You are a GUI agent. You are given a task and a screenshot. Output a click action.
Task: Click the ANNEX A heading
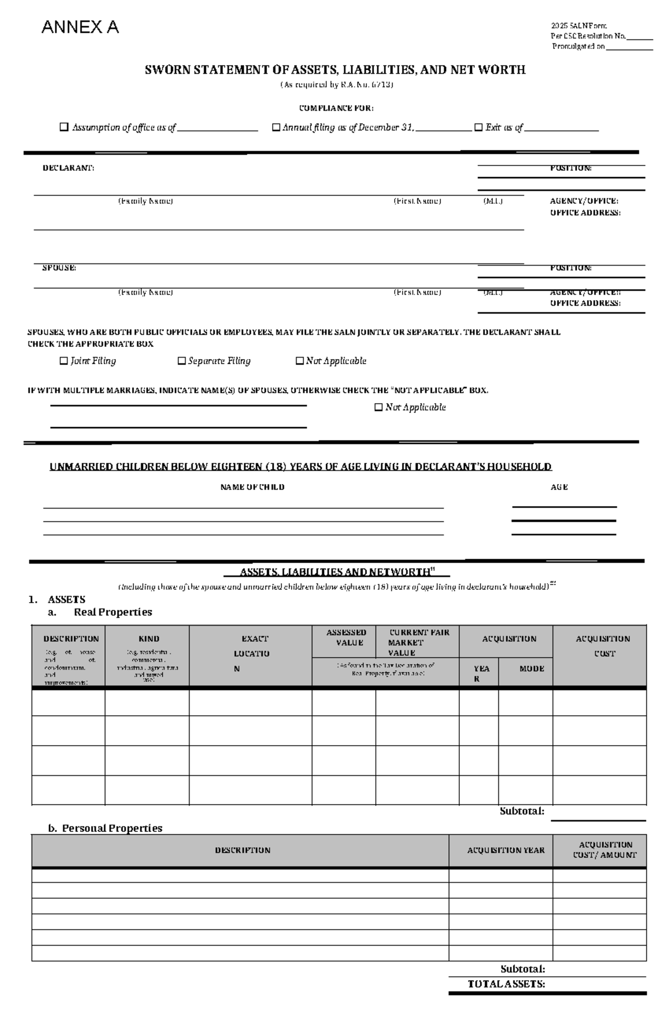(80, 27)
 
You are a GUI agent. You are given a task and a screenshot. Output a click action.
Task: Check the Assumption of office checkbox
(64, 128)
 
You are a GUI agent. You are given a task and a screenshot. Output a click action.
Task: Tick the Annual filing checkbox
(275, 128)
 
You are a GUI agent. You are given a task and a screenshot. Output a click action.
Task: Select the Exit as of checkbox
(478, 128)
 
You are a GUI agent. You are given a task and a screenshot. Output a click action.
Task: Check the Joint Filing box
(64, 361)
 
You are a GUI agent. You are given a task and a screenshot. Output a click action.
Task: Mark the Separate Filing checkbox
(181, 361)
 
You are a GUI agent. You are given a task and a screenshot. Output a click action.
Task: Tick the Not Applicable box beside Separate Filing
(299, 361)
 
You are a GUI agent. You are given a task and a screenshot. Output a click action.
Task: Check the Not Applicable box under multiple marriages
(379, 407)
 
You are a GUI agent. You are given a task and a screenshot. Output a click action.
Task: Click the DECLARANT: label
(69, 168)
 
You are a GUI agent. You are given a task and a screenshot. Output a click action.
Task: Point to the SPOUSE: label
(59, 268)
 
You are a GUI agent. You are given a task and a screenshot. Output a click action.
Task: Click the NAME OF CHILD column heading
(252, 487)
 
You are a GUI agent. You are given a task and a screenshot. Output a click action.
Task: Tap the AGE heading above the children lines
(559, 487)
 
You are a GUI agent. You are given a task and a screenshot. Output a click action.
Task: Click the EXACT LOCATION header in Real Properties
(251, 653)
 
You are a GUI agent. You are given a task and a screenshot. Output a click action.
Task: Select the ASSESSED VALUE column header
(346, 637)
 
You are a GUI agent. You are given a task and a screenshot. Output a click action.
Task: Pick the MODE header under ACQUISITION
(531, 668)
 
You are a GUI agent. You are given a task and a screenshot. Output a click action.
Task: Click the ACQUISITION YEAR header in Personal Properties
(506, 850)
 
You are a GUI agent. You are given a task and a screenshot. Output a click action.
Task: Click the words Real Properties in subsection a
(113, 612)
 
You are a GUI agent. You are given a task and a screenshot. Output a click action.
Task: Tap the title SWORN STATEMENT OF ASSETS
(335, 70)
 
